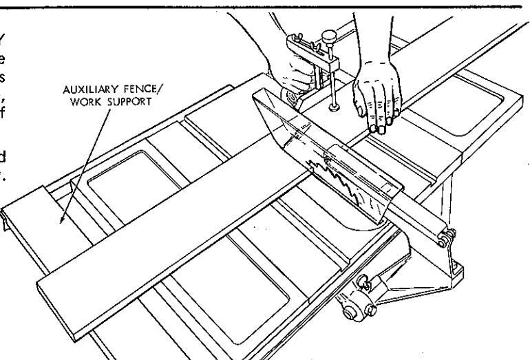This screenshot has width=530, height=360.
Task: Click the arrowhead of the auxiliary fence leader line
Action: [x=62, y=222]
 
